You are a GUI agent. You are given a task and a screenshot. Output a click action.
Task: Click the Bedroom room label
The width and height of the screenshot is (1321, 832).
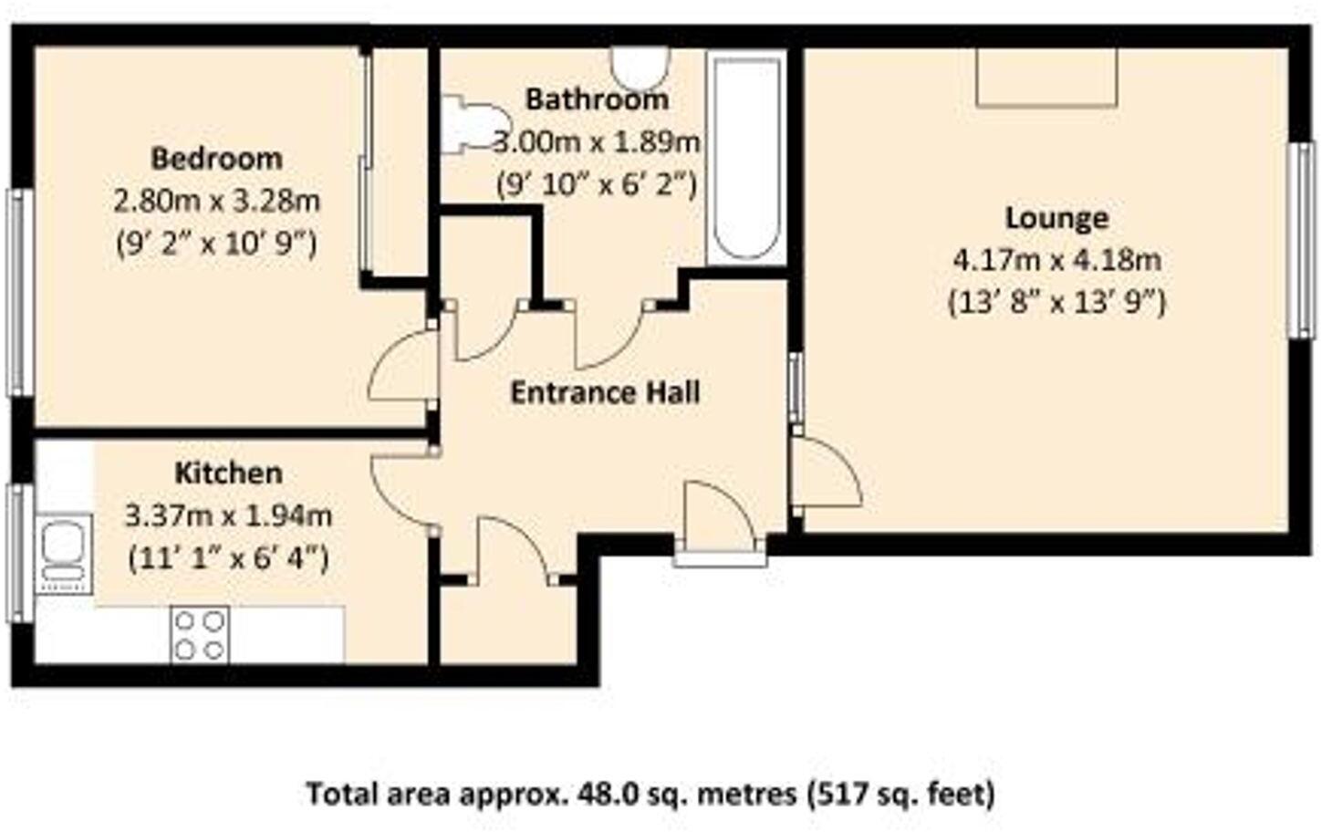click(x=216, y=159)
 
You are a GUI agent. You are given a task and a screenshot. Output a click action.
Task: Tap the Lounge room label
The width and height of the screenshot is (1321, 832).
click(x=1056, y=218)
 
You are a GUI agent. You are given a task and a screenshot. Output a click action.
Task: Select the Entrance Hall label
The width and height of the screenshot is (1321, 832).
click(x=605, y=392)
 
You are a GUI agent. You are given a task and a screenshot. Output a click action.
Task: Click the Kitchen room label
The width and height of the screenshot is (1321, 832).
click(x=228, y=473)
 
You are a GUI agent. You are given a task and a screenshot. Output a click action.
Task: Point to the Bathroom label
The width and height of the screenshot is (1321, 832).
click(x=597, y=99)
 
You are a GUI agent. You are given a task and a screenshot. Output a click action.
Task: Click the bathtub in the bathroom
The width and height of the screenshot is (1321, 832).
click(x=747, y=158)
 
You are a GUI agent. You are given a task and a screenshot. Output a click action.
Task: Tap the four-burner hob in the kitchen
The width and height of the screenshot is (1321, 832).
click(x=200, y=635)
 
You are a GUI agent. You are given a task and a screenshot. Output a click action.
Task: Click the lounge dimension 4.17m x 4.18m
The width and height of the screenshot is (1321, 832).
click(x=1056, y=260)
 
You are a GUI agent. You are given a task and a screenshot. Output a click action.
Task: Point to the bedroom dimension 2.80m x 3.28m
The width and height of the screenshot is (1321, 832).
click(x=216, y=200)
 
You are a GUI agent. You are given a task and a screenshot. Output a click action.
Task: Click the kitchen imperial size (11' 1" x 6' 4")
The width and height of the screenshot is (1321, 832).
click(x=228, y=556)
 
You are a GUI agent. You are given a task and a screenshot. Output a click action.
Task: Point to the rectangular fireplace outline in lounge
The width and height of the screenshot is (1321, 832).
click(x=1046, y=77)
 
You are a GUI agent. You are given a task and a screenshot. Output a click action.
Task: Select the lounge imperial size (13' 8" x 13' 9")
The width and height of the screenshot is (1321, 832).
click(x=1056, y=302)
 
